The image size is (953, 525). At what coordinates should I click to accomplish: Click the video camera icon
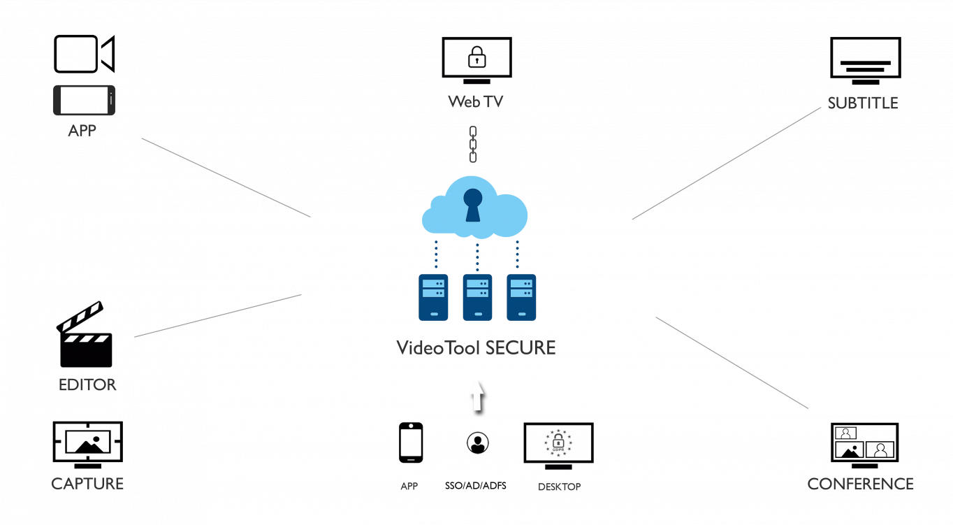tap(84, 54)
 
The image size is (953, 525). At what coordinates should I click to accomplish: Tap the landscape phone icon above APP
tap(84, 100)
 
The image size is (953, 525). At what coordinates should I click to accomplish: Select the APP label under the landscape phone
tap(82, 130)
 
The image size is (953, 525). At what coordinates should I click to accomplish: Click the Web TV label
tap(475, 102)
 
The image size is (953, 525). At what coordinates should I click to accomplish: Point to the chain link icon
tap(473, 144)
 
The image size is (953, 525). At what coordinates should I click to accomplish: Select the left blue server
tap(433, 297)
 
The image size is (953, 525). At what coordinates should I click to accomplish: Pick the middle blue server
tap(477, 297)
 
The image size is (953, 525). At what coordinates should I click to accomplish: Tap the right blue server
tap(521, 297)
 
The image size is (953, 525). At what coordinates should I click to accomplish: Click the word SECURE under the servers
tap(521, 347)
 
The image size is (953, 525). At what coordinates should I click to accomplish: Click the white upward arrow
tap(477, 395)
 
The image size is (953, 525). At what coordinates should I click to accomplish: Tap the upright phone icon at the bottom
tap(411, 443)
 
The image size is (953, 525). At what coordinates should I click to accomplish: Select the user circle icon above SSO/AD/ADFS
tap(477, 443)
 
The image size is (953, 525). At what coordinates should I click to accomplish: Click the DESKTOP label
tap(558, 487)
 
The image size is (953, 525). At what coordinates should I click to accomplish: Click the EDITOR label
tap(87, 385)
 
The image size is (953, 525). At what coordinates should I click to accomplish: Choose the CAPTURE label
tap(87, 484)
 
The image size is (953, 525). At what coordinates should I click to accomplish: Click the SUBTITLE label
tap(862, 103)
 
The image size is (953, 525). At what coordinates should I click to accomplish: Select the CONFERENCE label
tap(860, 484)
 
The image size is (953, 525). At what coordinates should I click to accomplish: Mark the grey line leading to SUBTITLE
tap(727, 164)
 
